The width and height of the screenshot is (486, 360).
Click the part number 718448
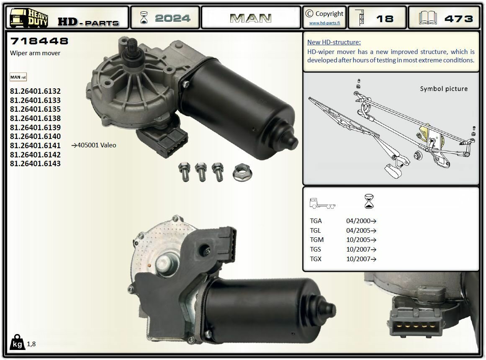39,41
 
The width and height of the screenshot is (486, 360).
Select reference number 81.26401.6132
35,91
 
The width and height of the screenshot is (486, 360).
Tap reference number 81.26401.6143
35,164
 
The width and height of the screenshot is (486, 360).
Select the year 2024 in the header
172,18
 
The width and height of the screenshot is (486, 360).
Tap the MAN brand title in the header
251,18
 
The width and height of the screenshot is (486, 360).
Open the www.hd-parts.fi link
324,23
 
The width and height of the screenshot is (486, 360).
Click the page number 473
458,19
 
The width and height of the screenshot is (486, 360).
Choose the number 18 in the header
384,19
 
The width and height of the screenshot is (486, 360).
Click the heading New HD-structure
334,42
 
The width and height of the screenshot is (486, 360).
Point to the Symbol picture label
444,89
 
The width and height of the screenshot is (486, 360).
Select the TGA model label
316,221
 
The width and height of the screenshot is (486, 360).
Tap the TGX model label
316,259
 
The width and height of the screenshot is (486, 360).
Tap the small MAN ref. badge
18,77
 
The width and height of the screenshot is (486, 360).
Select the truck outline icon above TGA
322,204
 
